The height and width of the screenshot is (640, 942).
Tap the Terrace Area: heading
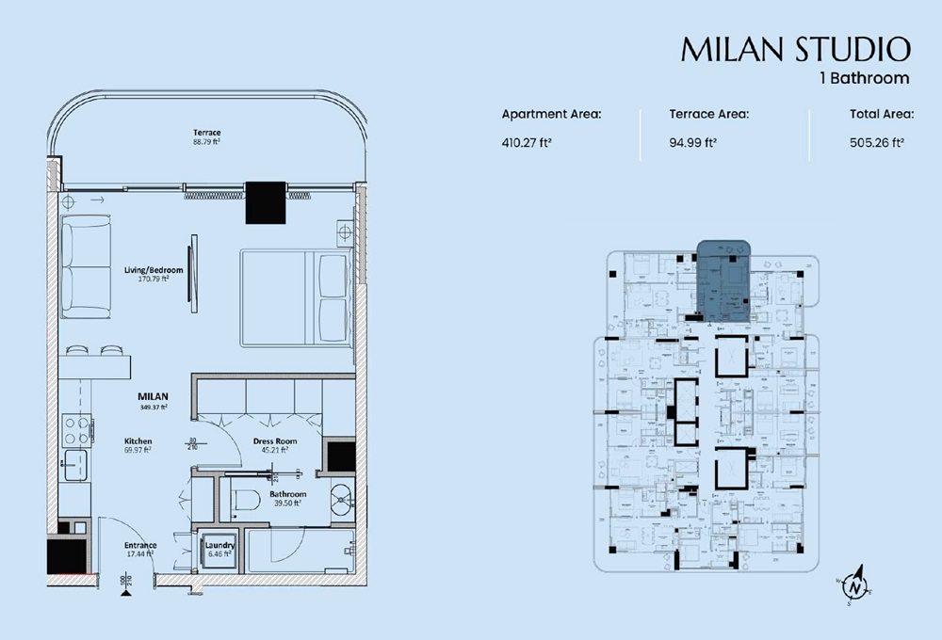(708, 114)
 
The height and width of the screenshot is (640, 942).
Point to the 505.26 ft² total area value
(876, 144)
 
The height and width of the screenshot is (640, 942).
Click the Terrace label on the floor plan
(206, 133)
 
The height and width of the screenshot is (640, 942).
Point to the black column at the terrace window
(265, 201)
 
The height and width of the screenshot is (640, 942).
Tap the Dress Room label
(275, 440)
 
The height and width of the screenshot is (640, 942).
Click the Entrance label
(140, 545)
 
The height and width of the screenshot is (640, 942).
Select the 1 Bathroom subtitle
(864, 78)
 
